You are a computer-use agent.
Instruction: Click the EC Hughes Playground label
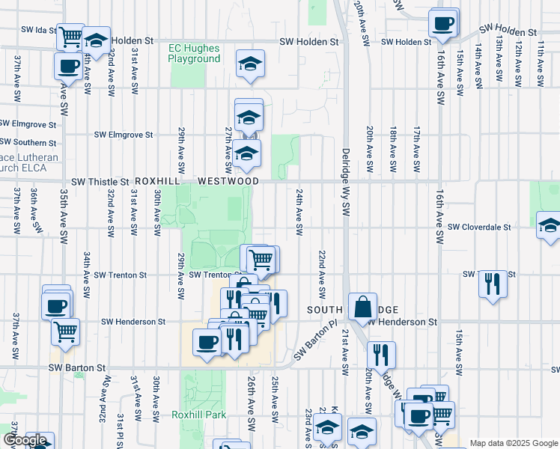(x=195, y=53)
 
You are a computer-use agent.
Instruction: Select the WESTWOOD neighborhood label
(x=228, y=182)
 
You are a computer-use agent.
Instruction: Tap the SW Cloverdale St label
(x=479, y=227)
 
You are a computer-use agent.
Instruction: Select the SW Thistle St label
(x=100, y=182)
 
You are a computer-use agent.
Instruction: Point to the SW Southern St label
(x=28, y=141)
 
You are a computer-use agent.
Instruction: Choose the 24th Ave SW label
(x=298, y=213)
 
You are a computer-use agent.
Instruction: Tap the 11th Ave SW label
(x=539, y=67)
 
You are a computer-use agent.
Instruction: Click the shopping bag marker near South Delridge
(x=362, y=306)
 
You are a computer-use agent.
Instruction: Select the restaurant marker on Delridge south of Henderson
(x=382, y=355)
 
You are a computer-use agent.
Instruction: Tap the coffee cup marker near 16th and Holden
(x=443, y=22)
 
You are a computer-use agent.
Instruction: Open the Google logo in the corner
(x=25, y=440)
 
